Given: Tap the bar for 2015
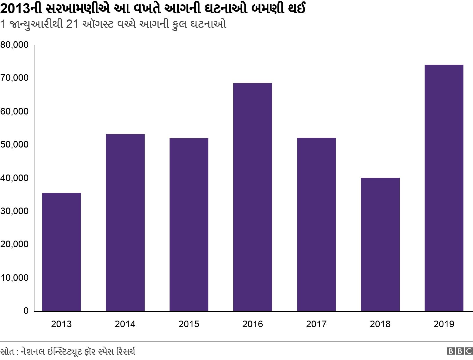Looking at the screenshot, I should (x=189, y=224).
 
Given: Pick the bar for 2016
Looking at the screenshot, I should (x=253, y=197).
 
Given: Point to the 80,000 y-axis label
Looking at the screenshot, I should (x=14, y=45).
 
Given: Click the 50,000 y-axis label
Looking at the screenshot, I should (x=14, y=144).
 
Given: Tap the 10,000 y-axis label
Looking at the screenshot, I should (x=14, y=278).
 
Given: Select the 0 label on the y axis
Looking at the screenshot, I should (x=26, y=311).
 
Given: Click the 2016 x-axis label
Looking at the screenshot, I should (x=252, y=324).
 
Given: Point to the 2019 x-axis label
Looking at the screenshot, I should (x=444, y=324).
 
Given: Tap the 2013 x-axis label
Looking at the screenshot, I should (x=61, y=324).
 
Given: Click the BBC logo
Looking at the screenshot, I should (x=460, y=351).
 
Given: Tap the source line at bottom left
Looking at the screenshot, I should (x=68, y=351).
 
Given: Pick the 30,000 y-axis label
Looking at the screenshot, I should (x=14, y=211).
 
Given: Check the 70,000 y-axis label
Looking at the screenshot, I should (x=14, y=78).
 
